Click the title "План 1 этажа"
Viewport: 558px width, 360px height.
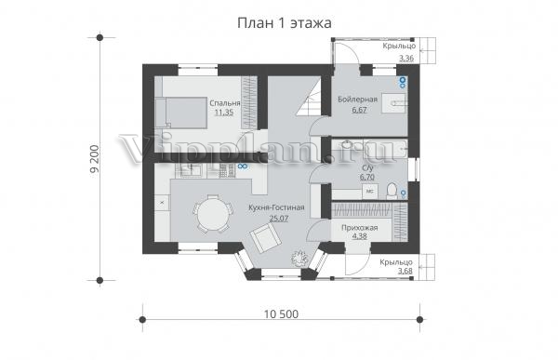[285, 23]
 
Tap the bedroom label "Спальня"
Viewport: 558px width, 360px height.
[225, 103]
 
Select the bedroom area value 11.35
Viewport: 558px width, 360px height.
[224, 113]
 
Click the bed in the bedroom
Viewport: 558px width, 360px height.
[181, 113]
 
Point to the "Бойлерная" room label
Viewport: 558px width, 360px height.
[358, 100]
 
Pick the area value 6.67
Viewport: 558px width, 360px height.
[359, 110]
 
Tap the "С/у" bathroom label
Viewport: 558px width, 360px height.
[367, 167]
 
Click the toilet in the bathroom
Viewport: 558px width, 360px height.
[392, 191]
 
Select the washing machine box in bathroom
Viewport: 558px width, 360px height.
[370, 192]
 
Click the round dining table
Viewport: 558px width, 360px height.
[213, 214]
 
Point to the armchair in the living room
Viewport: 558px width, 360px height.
[265, 236]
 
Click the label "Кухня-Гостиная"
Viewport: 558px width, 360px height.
[276, 207]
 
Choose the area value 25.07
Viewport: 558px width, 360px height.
[279, 219]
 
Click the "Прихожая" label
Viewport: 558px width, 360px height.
[359, 228]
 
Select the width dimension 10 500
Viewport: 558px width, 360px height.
[282, 314]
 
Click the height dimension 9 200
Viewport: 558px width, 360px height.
[95, 159]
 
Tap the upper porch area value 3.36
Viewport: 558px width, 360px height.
[406, 58]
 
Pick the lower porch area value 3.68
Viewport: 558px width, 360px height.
[405, 271]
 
